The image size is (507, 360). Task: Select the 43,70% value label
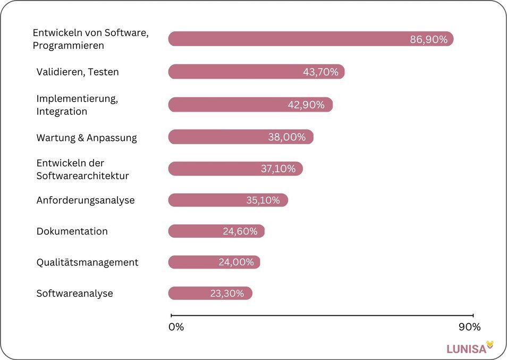pos(320,72)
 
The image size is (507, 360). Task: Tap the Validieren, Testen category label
pos(78,72)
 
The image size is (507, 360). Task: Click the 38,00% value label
pos(287,137)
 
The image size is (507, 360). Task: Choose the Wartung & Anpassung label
pos(87,138)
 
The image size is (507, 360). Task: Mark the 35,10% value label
pos(263,200)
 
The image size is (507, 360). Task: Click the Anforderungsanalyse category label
pos(86,200)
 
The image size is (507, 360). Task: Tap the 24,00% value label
pos(236,262)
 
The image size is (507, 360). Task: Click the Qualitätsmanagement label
pos(87,262)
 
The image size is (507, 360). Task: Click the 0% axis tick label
pos(176,327)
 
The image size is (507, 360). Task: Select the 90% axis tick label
pos(469,327)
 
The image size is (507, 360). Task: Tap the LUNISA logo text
pos(466,349)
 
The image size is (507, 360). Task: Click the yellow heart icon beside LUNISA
pos(490,345)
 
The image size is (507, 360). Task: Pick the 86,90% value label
pos(428,39)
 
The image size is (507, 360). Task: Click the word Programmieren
pos(68,46)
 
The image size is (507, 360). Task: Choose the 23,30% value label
pos(227,294)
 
